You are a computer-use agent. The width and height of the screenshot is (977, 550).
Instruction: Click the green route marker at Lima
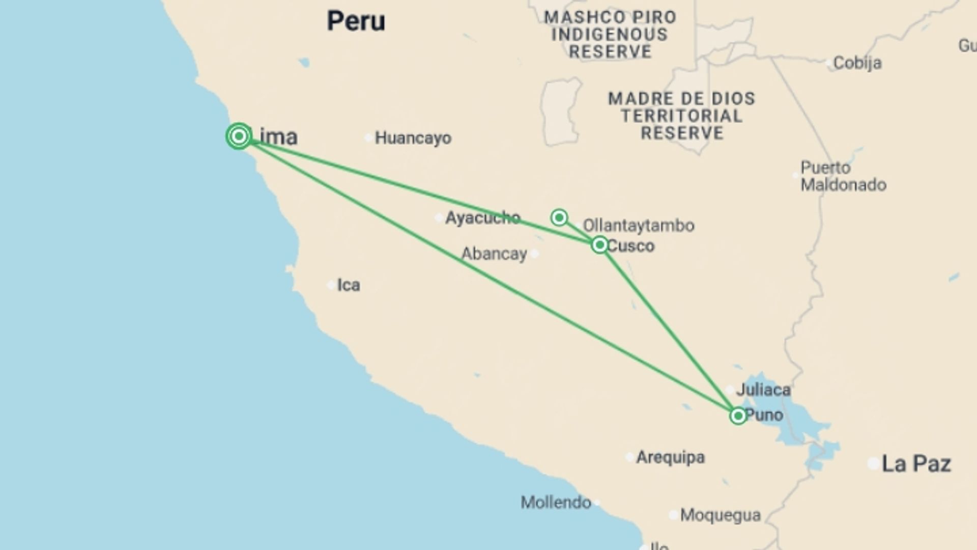tap(239, 136)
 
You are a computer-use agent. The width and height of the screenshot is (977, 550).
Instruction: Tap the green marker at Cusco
tap(600, 245)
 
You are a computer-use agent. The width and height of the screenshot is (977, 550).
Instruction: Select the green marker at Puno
tap(738, 416)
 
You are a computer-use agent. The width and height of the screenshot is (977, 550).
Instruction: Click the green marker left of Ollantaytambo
tap(559, 218)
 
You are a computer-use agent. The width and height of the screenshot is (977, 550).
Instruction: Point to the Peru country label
tap(356, 21)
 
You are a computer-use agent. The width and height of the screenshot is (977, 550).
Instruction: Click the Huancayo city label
tap(413, 138)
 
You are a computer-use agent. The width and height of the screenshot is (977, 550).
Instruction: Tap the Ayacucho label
tap(482, 218)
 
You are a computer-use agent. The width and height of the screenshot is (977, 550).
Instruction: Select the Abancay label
tap(494, 254)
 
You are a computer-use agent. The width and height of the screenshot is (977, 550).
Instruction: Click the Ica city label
tap(349, 285)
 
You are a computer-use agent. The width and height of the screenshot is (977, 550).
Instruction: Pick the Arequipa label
tap(670, 457)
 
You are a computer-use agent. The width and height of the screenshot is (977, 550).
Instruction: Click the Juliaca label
tap(763, 390)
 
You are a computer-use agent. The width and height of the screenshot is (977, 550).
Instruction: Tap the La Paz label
tap(916, 464)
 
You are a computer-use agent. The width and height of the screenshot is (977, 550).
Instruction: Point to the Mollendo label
tap(556, 503)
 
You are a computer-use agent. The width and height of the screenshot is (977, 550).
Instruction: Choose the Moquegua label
tap(720, 515)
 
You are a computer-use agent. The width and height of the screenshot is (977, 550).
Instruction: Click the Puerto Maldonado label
tap(843, 176)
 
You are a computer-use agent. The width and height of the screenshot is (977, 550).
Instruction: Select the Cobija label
tap(857, 63)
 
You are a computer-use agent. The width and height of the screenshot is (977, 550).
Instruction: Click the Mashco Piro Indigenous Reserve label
tap(610, 35)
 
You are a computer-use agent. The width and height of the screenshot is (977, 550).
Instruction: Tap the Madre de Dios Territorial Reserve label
tap(681, 116)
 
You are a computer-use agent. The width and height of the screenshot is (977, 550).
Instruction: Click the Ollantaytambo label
tap(638, 226)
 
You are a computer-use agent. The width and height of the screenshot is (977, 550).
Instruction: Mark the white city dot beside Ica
tap(331, 285)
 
